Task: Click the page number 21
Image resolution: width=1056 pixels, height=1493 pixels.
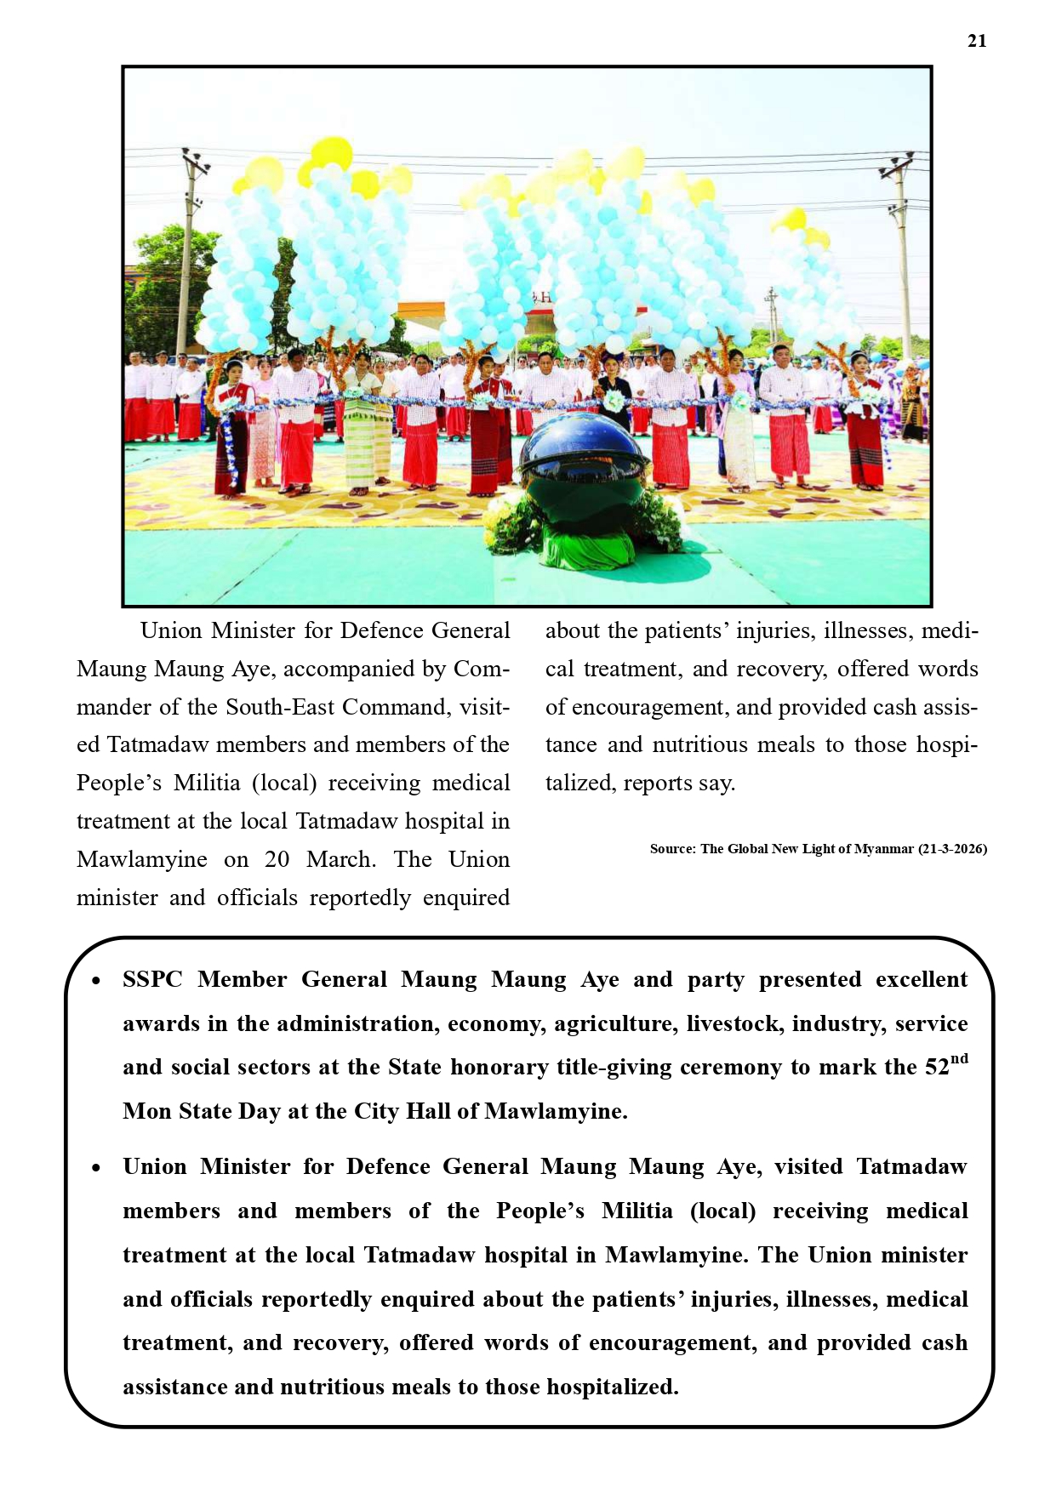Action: click(x=977, y=41)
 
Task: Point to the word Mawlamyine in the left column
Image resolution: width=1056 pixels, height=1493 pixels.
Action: click(x=141, y=859)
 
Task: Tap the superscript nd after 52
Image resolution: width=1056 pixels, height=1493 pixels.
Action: click(x=959, y=1059)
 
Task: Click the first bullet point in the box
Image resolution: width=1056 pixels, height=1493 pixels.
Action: click(x=96, y=981)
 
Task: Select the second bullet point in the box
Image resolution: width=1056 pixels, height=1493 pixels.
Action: click(x=96, y=1168)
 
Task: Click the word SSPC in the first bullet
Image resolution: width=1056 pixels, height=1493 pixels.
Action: click(x=152, y=980)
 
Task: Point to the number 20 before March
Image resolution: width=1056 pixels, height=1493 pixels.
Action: click(x=277, y=859)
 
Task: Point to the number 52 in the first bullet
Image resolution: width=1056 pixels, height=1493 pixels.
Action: click(x=937, y=1068)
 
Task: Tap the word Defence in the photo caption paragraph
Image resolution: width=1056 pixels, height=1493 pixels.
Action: click(x=381, y=630)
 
